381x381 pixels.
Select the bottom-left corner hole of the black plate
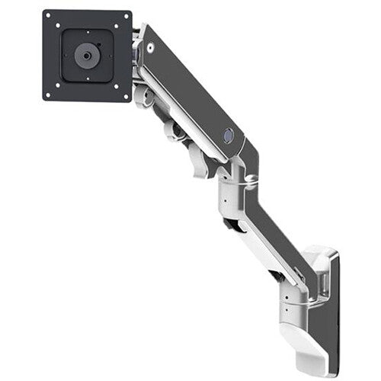pos(48,94)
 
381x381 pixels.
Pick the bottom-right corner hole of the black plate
pos(125,95)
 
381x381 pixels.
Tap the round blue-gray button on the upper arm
pos(226,134)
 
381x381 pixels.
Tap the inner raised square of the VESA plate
pos(86,55)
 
